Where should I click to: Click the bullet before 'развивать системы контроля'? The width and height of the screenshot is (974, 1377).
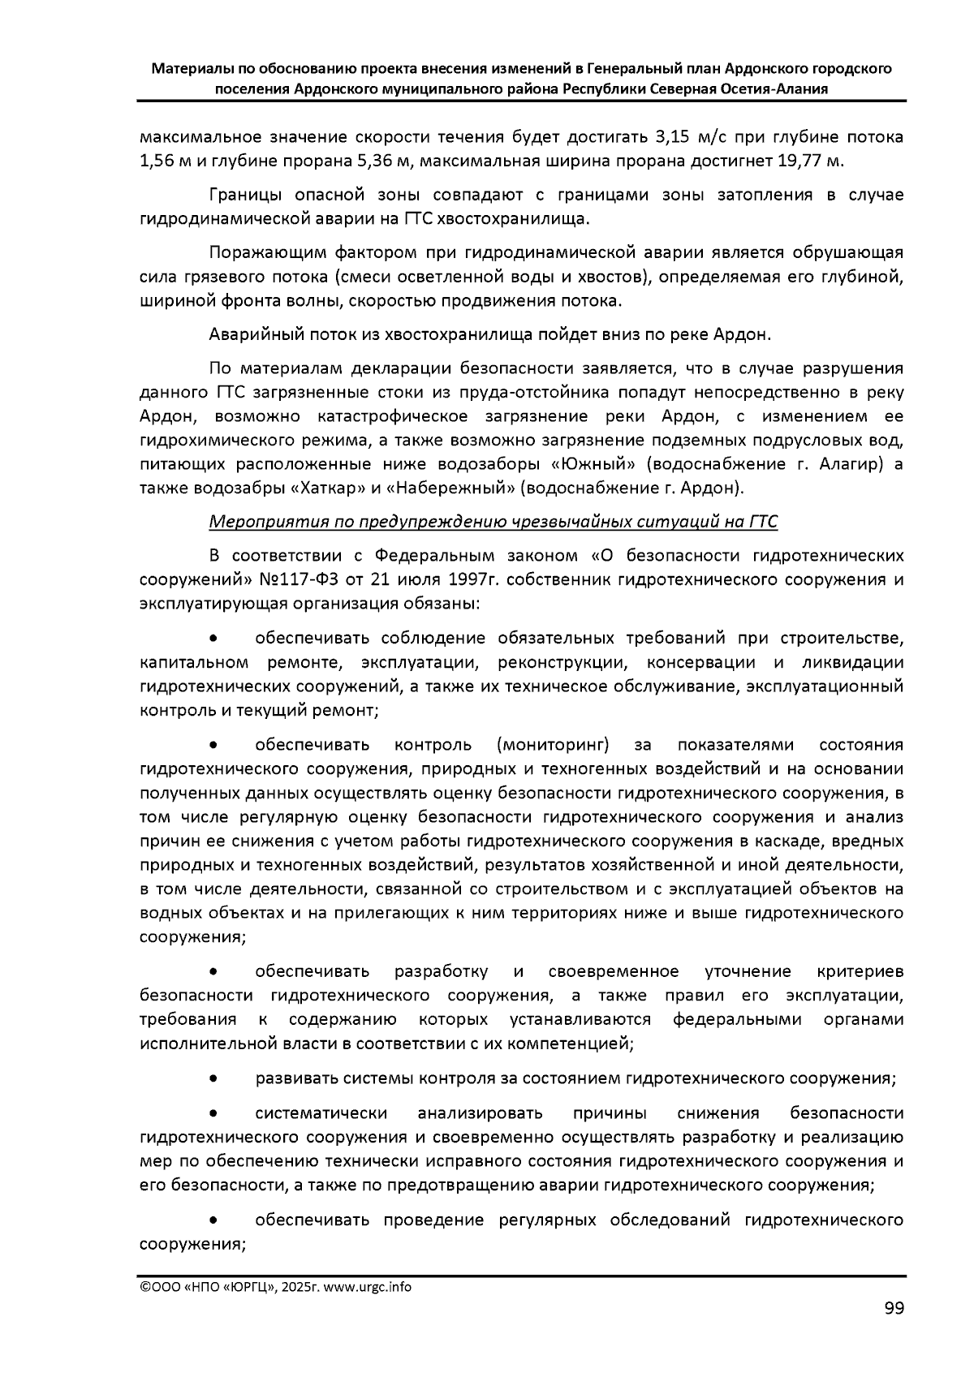(213, 1079)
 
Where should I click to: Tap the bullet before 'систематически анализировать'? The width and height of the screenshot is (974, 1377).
(213, 1113)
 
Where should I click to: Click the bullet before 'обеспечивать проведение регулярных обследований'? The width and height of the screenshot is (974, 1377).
(213, 1220)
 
